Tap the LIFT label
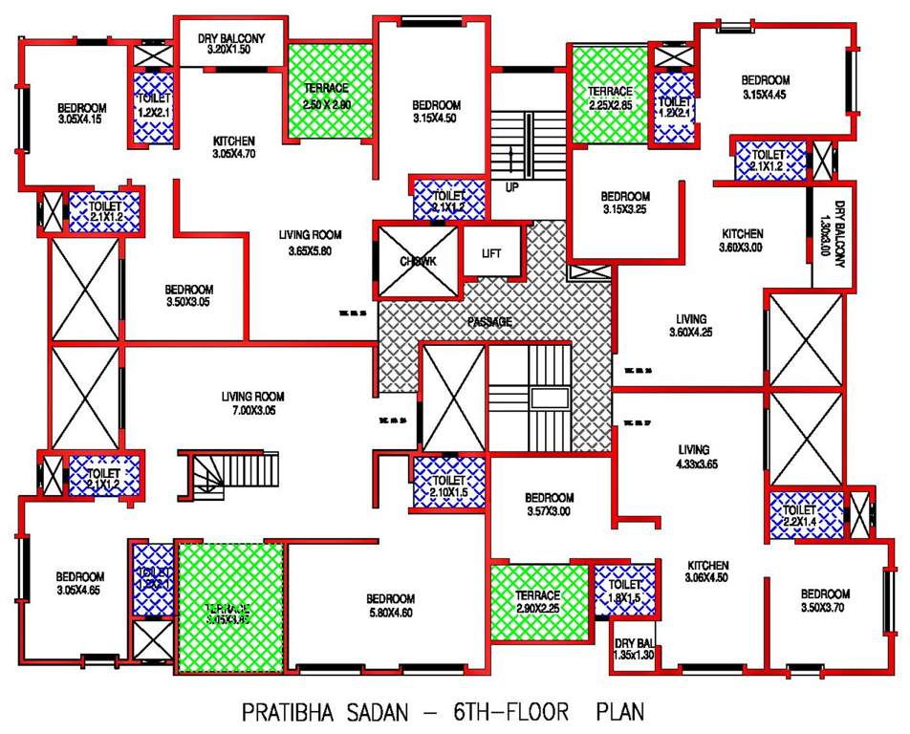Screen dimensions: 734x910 coord(491,253)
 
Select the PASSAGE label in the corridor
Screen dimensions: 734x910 coord(491,322)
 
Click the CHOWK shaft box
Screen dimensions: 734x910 coord(417,261)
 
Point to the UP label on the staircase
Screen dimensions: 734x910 coord(512,187)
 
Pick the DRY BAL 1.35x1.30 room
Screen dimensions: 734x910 coord(635,649)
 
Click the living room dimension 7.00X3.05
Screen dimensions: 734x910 coord(252,412)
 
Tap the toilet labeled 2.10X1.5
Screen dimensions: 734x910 coord(448,485)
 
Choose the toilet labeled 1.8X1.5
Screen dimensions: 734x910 coord(624,591)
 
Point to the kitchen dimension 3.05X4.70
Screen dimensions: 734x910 coord(232,153)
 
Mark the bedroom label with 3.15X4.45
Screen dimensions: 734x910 coord(766,87)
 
